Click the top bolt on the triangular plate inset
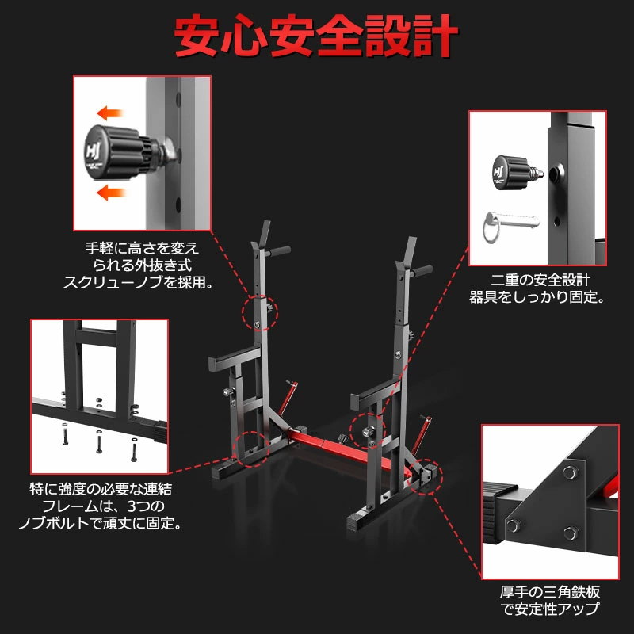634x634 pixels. click(567, 474)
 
